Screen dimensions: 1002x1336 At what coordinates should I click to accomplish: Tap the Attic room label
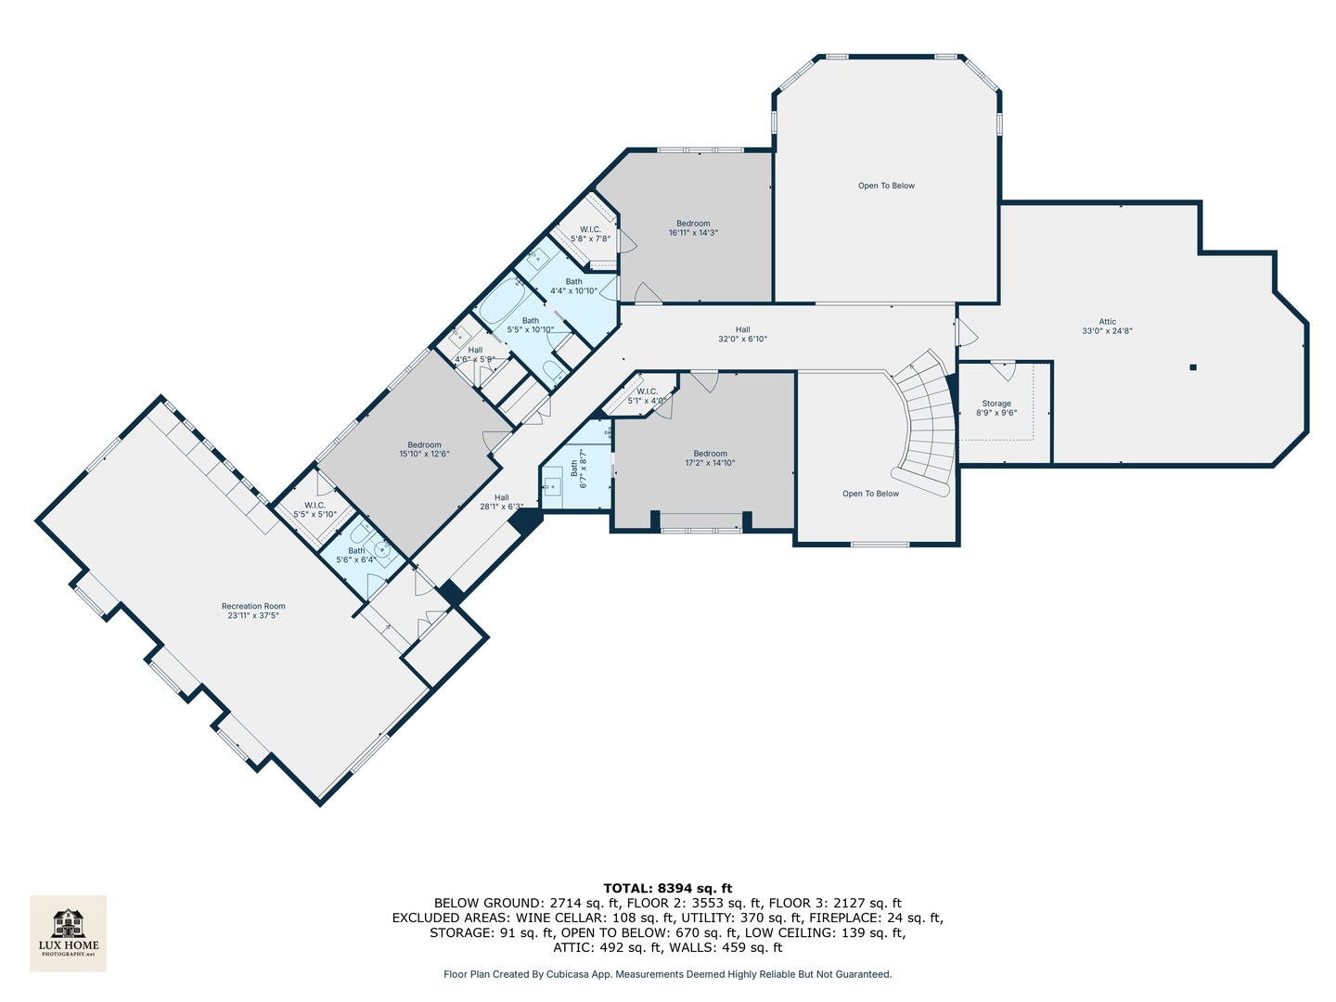pyautogui.click(x=1107, y=327)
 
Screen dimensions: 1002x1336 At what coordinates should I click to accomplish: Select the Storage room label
pyautogui.click(x=996, y=408)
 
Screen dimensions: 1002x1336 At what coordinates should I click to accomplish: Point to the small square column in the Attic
pyautogui.click(x=1193, y=367)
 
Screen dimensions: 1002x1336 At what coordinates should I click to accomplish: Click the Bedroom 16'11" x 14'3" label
pyautogui.click(x=693, y=228)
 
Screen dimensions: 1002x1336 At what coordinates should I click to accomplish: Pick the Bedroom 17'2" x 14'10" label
pyautogui.click(x=710, y=458)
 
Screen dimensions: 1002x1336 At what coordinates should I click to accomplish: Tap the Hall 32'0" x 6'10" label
pyautogui.click(x=742, y=334)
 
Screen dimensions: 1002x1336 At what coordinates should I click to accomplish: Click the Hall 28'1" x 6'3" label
pyautogui.click(x=501, y=502)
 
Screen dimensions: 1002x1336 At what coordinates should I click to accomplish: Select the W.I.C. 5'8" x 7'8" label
pyautogui.click(x=590, y=234)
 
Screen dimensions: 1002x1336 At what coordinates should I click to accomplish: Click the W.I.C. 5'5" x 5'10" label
pyautogui.click(x=315, y=509)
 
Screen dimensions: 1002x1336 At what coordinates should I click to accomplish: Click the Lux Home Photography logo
pyautogui.click(x=68, y=932)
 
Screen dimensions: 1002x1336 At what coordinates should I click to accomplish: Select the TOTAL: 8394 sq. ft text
pyautogui.click(x=667, y=888)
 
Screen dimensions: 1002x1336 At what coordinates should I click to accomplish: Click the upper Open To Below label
pyautogui.click(x=886, y=186)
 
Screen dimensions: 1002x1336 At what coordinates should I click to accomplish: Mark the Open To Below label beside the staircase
pyautogui.click(x=870, y=494)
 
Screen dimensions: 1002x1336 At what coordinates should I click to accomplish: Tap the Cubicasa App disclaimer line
pyautogui.click(x=667, y=974)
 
